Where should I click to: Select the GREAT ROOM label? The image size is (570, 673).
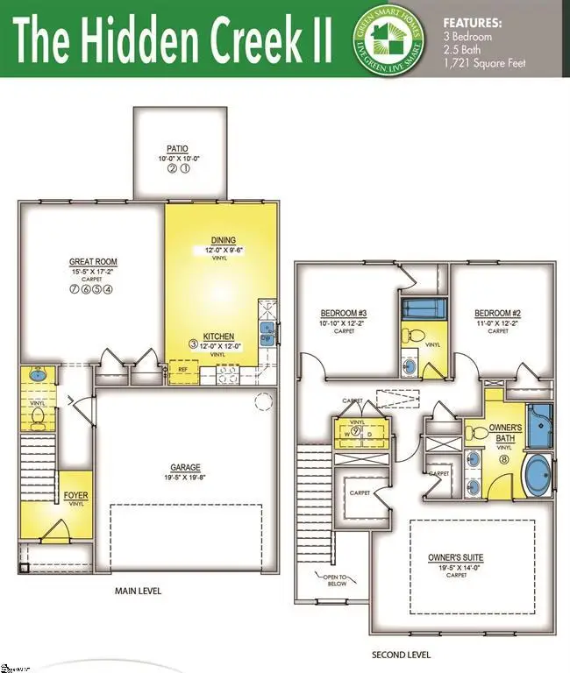93,261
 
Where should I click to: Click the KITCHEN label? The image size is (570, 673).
217,336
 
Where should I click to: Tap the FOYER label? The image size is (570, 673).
76,496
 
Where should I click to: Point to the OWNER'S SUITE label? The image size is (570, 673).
455,557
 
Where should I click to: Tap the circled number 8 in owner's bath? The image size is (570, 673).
504,458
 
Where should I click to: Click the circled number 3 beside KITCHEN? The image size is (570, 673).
195,343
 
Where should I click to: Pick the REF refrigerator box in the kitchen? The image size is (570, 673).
183,370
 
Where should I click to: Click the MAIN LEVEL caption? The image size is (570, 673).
139,591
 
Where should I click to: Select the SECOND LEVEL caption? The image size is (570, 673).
401,655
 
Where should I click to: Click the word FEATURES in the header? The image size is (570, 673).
473,24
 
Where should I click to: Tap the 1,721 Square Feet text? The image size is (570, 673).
485,63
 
